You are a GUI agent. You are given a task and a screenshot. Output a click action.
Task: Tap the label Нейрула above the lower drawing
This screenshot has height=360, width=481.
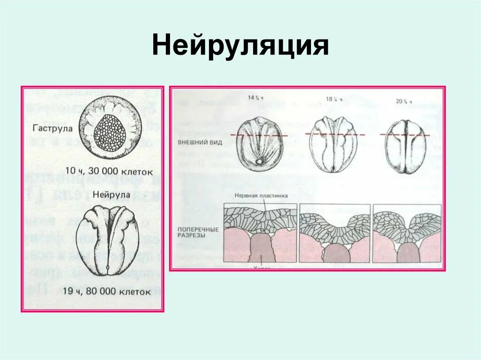[x=109, y=193]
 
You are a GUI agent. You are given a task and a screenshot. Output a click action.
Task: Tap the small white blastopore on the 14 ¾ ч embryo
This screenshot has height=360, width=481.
[x=259, y=162]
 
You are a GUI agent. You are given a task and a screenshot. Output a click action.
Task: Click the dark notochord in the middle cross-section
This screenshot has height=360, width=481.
[x=336, y=253]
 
